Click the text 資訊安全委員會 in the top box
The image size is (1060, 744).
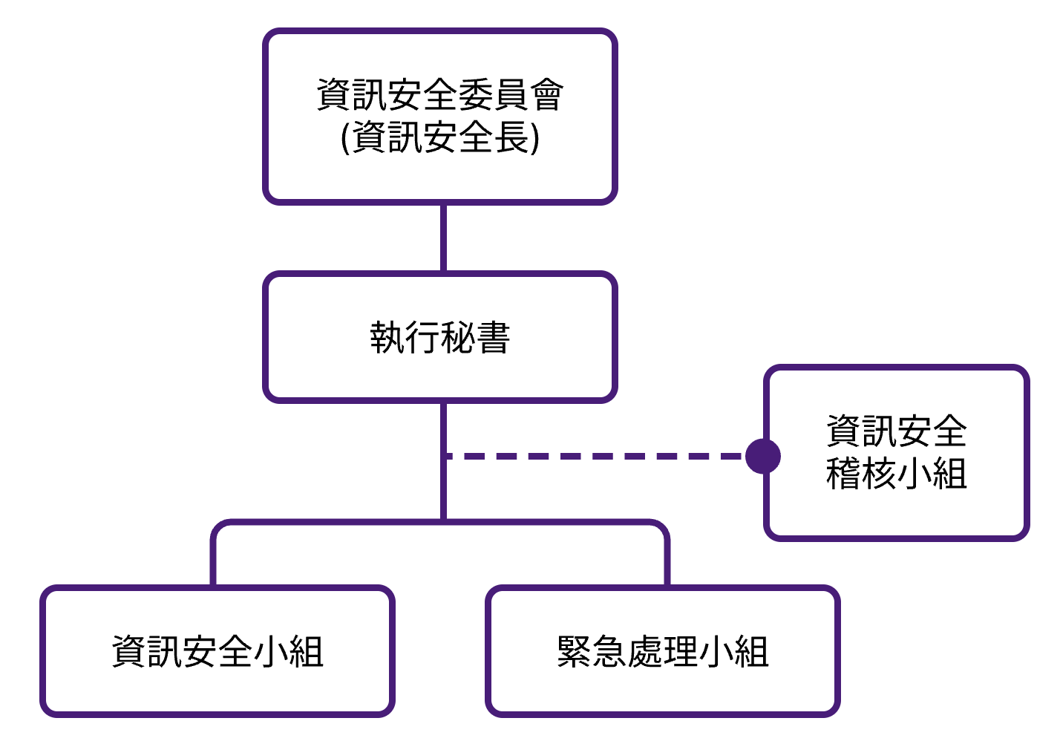(x=440, y=94)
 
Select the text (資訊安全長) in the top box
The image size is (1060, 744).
(x=440, y=137)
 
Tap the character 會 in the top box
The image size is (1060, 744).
(x=547, y=94)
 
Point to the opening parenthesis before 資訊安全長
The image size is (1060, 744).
(x=345, y=138)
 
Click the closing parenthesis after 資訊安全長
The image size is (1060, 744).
(x=535, y=138)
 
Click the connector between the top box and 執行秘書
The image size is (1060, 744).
(x=443, y=238)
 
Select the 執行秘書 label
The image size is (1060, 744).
(x=440, y=338)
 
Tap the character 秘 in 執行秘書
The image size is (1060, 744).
(x=458, y=338)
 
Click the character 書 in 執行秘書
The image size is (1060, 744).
(x=494, y=338)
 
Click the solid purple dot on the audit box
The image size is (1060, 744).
(x=763, y=456)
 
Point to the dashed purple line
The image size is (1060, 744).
(x=594, y=456)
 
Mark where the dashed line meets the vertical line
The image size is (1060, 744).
(x=444, y=456)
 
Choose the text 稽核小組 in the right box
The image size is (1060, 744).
(x=896, y=474)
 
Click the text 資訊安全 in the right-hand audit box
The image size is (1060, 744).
(x=896, y=431)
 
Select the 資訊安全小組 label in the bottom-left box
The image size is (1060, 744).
(x=217, y=652)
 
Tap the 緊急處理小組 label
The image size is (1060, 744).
(x=663, y=652)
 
